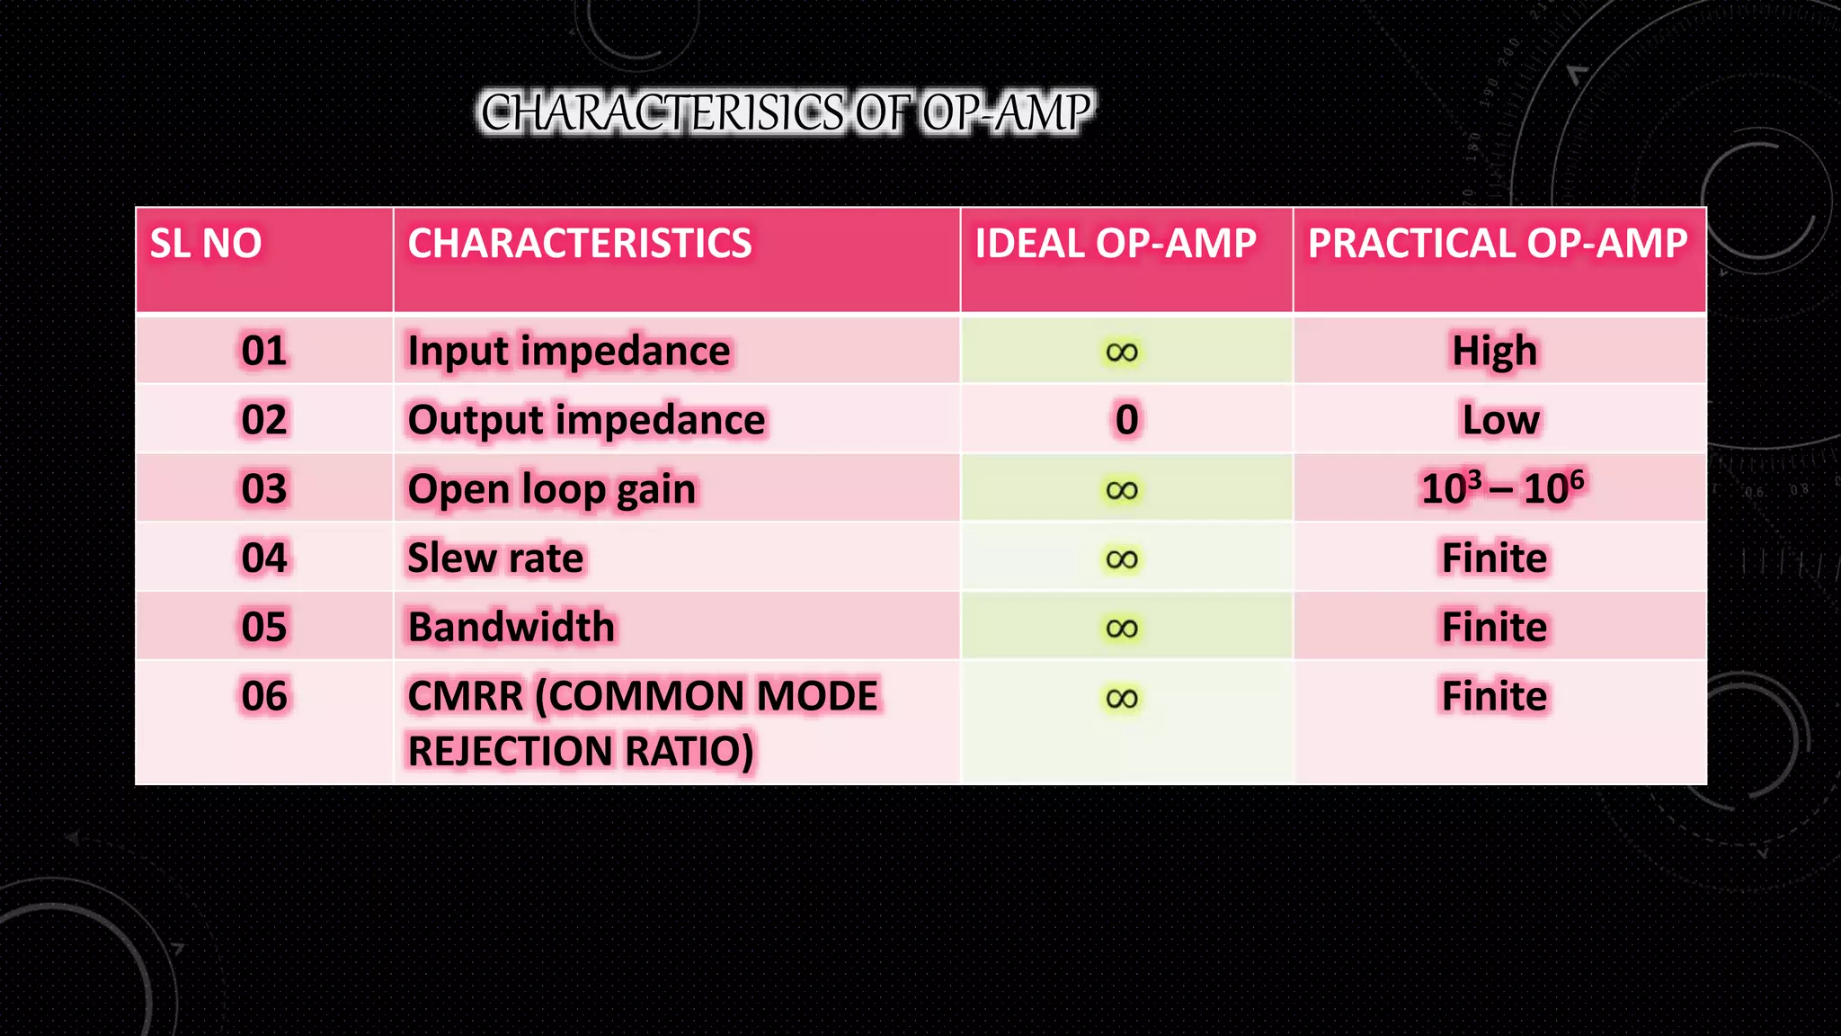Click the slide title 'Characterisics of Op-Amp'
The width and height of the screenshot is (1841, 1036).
[x=786, y=112]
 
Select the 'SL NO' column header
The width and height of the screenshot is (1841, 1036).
[x=206, y=244]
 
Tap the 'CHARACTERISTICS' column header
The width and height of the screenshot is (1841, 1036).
[x=580, y=244]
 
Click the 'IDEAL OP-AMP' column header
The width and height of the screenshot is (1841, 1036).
[x=1116, y=244]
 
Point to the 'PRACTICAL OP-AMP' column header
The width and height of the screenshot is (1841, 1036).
[x=1498, y=244]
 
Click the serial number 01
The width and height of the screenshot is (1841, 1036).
[x=263, y=351]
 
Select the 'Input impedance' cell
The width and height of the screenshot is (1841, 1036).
[x=568, y=351]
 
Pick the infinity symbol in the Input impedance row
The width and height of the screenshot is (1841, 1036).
[x=1122, y=353]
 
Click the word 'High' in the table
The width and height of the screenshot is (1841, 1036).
[x=1495, y=351]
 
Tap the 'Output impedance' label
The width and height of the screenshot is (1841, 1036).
[x=586, y=420]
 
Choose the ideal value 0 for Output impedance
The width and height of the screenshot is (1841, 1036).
[x=1126, y=420]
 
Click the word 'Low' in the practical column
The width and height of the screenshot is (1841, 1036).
[x=1500, y=420]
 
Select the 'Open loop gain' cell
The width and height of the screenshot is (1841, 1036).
[x=551, y=489]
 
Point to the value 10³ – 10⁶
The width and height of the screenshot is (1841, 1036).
[x=1501, y=487]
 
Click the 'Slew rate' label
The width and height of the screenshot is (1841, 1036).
[x=495, y=558]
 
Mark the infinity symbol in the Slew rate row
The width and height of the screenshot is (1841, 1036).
[x=1122, y=559]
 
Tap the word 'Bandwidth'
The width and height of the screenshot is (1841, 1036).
[x=511, y=627]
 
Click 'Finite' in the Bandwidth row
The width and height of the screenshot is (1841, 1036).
[x=1494, y=627]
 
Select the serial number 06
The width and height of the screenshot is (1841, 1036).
[x=263, y=696]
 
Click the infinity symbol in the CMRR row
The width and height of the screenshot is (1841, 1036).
[x=1122, y=699]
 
